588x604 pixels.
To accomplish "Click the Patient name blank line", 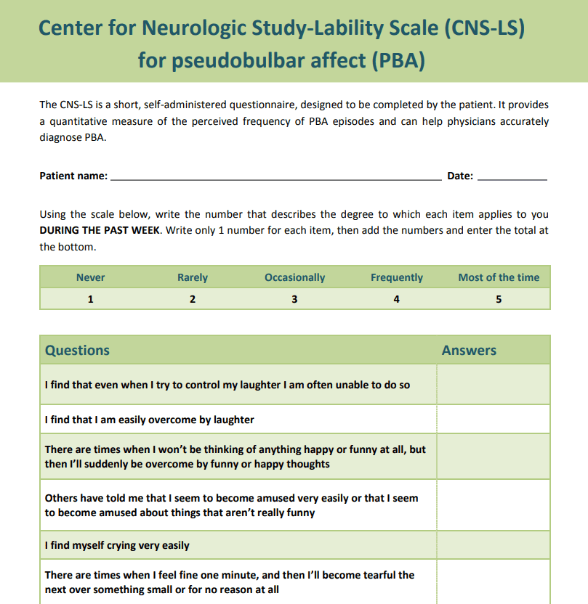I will [x=275, y=176].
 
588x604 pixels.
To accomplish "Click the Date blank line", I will [x=512, y=176].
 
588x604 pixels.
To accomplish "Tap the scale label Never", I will [x=90, y=277].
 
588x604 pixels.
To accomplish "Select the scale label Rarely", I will [x=193, y=277].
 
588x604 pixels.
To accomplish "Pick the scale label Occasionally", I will [x=294, y=277].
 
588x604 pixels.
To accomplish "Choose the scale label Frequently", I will [x=396, y=277].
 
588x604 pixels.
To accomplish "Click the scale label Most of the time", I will [x=499, y=277].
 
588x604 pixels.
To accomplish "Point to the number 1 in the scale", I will [x=90, y=298].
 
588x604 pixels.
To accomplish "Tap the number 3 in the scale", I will [x=294, y=298].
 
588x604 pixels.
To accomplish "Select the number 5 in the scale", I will [x=499, y=298].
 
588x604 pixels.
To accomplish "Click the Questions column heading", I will [x=77, y=350].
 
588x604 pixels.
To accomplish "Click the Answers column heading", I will [x=469, y=350].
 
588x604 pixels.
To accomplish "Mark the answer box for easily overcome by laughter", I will [x=494, y=419].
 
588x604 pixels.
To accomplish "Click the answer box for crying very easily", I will [x=494, y=545].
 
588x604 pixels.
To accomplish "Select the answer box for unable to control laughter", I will [x=494, y=384].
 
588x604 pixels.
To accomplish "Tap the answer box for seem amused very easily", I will [x=494, y=505].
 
